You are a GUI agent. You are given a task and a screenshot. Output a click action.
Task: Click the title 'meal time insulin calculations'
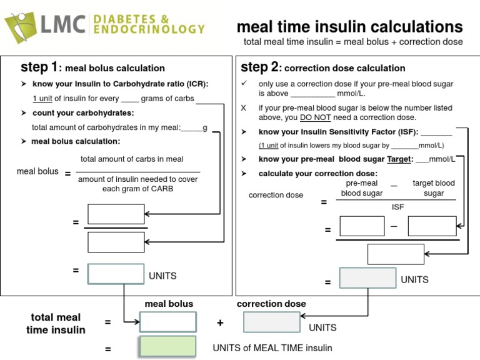pos(349,27)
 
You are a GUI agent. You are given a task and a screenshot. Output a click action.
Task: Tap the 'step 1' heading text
pos(39,67)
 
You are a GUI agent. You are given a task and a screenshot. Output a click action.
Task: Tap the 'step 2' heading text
pos(260,67)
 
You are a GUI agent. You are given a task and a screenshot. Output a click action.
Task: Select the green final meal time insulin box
pos(167,347)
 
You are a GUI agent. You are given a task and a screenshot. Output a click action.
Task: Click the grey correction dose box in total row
pos(271,322)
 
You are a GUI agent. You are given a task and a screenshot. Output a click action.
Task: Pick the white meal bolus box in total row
pos(167,322)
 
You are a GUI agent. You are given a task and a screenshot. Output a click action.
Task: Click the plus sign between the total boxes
pos(220,322)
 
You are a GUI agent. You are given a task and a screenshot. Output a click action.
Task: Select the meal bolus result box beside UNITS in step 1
pos(116,274)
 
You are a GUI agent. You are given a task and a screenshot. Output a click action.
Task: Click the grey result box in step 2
pos(367,278)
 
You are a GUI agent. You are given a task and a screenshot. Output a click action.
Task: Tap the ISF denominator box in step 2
pos(396,254)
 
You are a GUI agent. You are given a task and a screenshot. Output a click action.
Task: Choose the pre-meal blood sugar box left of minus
pos(362,226)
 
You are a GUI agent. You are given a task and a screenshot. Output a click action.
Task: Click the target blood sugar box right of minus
pos(432,226)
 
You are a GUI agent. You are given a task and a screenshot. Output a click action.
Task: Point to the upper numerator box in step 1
pos(116,214)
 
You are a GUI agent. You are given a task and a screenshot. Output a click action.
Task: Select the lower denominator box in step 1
pos(116,241)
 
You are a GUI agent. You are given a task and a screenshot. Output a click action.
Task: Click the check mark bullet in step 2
pos(244,83)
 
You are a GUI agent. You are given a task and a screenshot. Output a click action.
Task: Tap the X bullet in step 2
pos(244,108)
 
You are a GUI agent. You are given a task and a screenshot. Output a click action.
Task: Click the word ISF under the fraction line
pos(397,207)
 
